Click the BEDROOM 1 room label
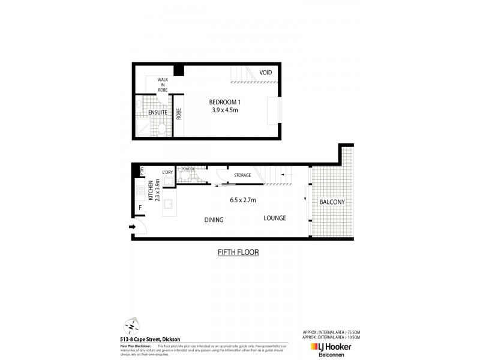pyautogui.click(x=226, y=101)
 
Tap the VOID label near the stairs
pyautogui.click(x=266, y=73)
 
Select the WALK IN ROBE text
pyautogui.click(x=163, y=84)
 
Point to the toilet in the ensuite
pyautogui.click(x=163, y=128)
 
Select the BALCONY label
pyautogui.click(x=332, y=202)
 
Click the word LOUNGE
pyautogui.click(x=274, y=218)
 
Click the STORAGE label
pyautogui.click(x=242, y=175)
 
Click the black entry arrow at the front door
pyautogui.click(x=131, y=227)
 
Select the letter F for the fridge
pyautogui.click(x=140, y=209)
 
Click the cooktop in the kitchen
pyautogui.click(x=140, y=192)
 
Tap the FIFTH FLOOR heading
pyautogui.click(x=238, y=253)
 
